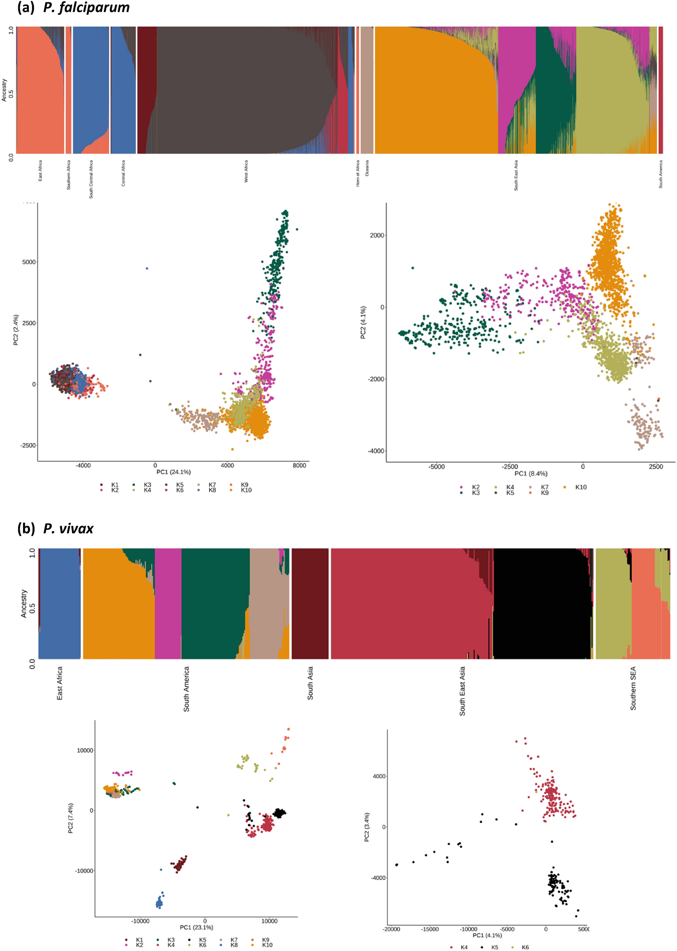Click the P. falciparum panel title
point(86,7)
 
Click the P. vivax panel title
point(68,529)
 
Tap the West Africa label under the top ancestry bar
point(246,171)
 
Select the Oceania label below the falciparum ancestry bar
point(367,168)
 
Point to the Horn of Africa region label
point(358,173)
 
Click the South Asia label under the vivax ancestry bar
point(310,683)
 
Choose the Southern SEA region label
point(633,688)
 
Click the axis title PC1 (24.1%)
point(173,472)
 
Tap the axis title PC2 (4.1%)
point(363,322)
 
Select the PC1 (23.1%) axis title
point(196,927)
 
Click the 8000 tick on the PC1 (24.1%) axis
point(299,465)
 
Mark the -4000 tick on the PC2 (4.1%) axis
point(376,451)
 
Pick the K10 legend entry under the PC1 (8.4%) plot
point(580,487)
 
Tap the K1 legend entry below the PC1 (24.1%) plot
point(115,485)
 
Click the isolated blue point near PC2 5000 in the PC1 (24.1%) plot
point(147,268)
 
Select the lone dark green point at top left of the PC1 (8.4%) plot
point(413,268)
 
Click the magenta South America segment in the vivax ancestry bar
point(168,604)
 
